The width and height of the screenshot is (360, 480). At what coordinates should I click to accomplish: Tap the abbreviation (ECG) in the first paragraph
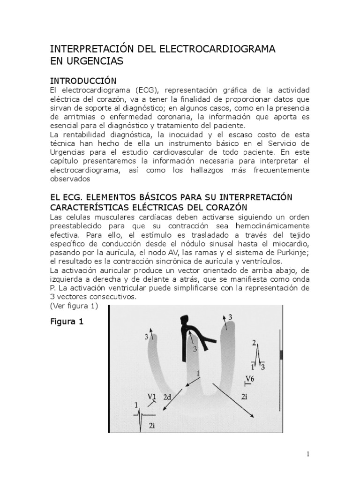point(135,90)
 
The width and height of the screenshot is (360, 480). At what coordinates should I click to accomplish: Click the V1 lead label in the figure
point(152,396)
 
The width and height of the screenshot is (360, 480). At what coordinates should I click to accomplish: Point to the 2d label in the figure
point(167,397)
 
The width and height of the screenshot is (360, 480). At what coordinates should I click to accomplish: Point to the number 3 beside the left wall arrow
point(147,337)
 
